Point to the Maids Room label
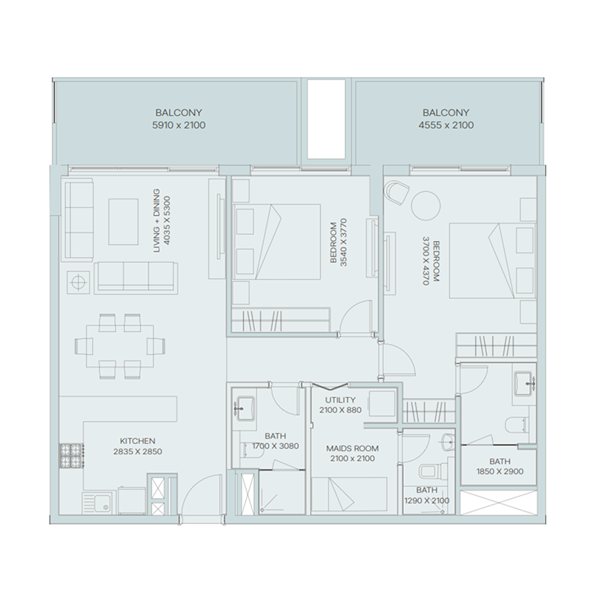click(352, 448)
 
